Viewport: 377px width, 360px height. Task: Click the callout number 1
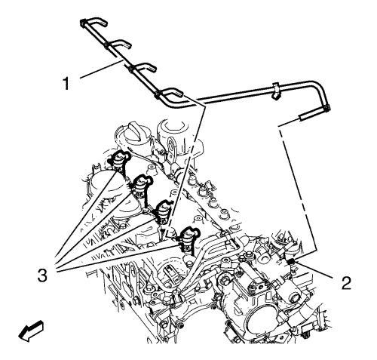[x=66, y=84]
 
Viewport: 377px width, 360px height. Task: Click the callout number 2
[x=346, y=282]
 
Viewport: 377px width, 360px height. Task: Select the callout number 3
[x=42, y=275]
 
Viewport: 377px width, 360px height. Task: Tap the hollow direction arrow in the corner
[x=31, y=331]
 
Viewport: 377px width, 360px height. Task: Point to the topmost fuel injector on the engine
[x=118, y=161]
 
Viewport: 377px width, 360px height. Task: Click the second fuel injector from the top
[x=141, y=186]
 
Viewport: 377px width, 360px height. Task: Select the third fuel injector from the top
[x=163, y=211]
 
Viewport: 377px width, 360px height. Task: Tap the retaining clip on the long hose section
[x=275, y=91]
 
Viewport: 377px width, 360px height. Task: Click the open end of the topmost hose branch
[x=106, y=23]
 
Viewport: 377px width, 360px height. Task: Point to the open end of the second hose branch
[x=130, y=45]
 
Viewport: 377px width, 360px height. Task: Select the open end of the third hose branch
[x=154, y=68]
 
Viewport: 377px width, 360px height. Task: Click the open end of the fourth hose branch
[x=182, y=94]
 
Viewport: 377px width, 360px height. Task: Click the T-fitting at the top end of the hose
[x=84, y=23]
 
